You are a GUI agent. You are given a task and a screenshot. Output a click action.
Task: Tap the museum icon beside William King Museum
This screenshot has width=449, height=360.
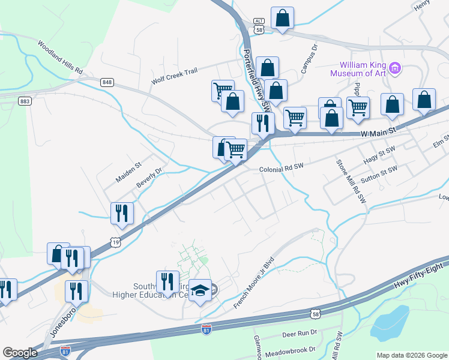click(x=395, y=68)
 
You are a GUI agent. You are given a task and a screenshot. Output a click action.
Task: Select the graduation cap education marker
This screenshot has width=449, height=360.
click(x=200, y=290)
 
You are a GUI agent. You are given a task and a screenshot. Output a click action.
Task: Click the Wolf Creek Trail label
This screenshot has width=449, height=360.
click(x=174, y=76)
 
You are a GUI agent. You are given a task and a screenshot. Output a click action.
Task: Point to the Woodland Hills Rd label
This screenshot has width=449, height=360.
click(x=60, y=57)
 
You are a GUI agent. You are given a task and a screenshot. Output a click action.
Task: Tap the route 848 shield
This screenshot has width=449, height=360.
click(x=107, y=82)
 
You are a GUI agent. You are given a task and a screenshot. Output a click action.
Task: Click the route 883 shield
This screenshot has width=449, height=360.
click(x=25, y=101)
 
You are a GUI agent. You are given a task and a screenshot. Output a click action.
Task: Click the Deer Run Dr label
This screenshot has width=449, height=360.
click(x=298, y=333)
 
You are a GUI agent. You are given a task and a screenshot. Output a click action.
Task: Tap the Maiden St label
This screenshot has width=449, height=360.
click(x=128, y=172)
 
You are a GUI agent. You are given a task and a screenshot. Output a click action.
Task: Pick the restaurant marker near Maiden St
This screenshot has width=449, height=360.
click(x=122, y=212)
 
